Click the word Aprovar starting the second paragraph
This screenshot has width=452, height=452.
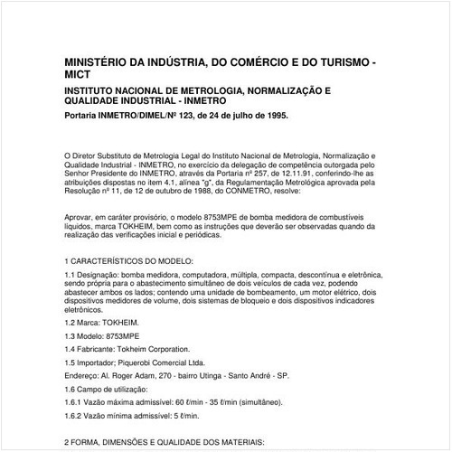click(80, 218)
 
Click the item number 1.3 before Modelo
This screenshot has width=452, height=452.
click(72, 334)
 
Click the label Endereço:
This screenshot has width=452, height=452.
click(85, 373)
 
